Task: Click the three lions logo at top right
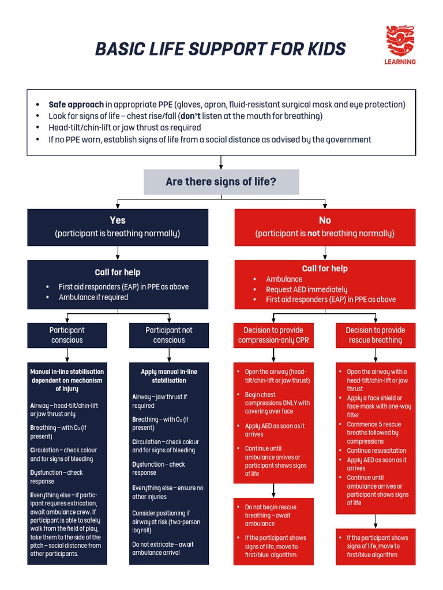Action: click(400, 41)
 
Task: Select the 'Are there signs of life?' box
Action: click(221, 182)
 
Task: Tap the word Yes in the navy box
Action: click(118, 220)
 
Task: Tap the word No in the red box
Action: click(325, 220)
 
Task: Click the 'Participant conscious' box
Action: click(67, 335)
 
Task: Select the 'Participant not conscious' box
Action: click(169, 335)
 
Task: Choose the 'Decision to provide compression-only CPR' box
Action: click(273, 335)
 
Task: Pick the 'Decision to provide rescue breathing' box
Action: click(376, 335)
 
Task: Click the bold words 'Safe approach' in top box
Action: click(76, 104)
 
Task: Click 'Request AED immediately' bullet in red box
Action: click(306, 289)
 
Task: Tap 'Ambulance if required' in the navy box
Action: click(93, 297)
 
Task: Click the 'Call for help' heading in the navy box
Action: click(118, 272)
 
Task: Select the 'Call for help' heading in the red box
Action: click(325, 268)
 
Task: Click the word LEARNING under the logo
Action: click(400, 62)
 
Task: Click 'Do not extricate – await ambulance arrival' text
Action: click(163, 549)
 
